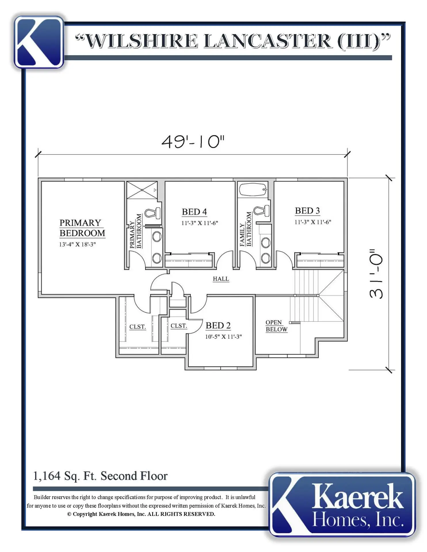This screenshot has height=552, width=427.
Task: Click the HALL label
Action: (221, 279)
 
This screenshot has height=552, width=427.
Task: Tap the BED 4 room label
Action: (194, 212)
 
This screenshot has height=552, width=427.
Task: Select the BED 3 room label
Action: (307, 211)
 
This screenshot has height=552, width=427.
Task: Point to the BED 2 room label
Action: (218, 325)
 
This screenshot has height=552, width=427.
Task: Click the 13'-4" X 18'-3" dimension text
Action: (77, 244)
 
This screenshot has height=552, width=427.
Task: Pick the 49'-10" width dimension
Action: (193, 142)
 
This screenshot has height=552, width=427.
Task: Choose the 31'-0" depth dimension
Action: (376, 274)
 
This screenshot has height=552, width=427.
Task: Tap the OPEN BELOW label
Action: (277, 326)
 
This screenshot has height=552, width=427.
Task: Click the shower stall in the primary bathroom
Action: (142, 190)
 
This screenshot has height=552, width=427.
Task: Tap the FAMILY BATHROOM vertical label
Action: (246, 229)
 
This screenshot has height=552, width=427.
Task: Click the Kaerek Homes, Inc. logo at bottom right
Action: (342, 505)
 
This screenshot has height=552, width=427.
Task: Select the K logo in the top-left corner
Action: (39, 42)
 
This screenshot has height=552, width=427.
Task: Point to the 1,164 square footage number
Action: (47, 476)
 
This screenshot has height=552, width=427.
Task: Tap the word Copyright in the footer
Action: (85, 514)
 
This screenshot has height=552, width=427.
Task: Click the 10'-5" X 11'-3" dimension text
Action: (224, 337)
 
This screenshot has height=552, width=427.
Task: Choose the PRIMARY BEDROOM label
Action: (82, 228)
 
